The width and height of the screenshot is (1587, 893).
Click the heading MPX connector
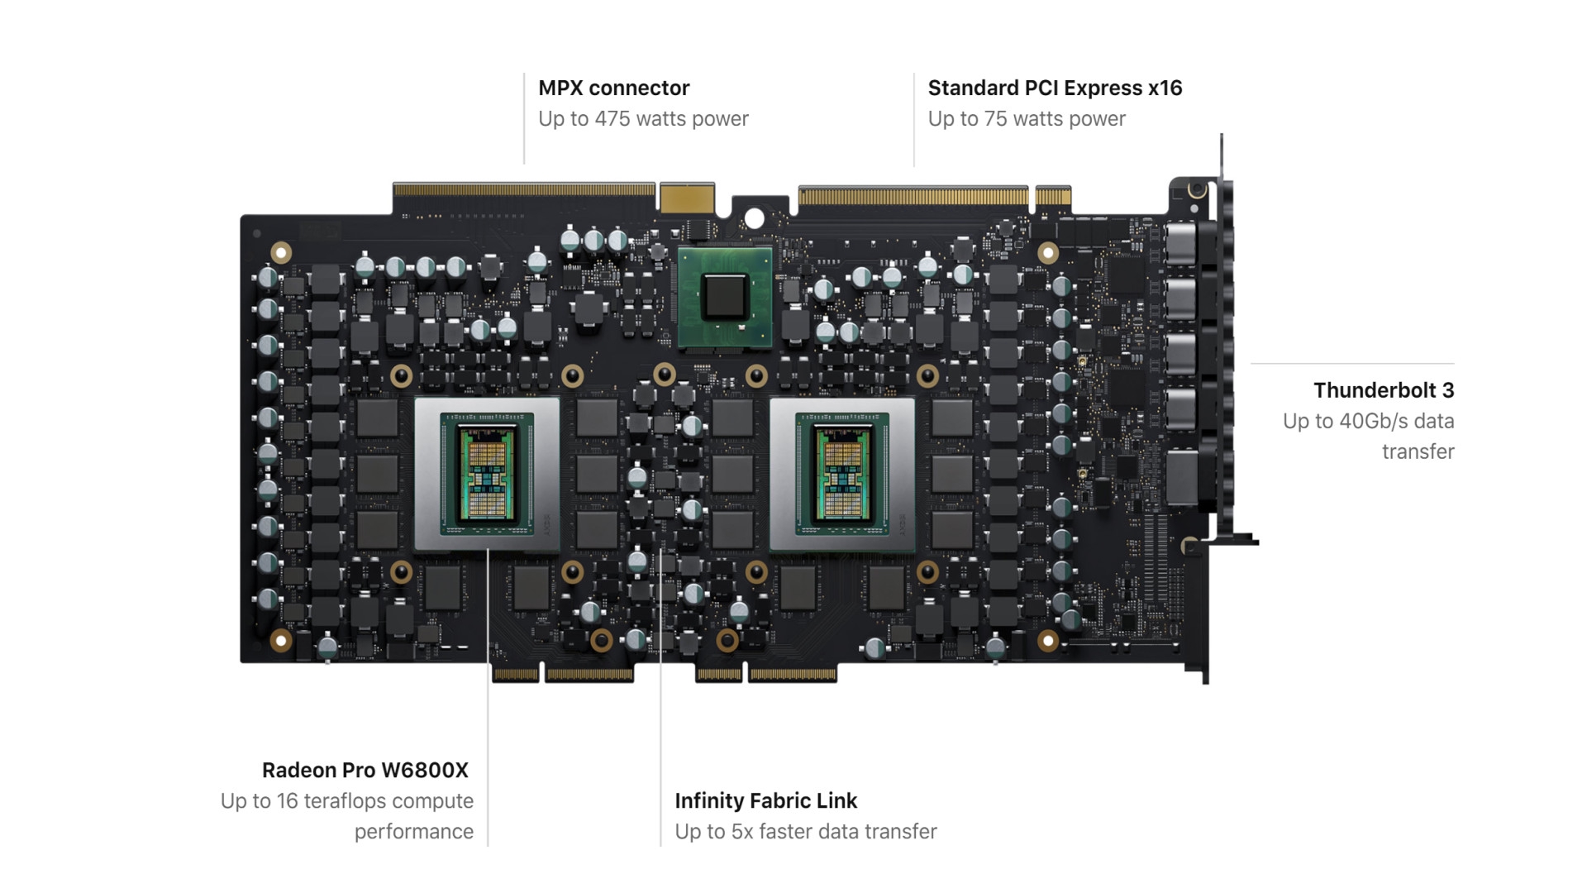pyautogui.click(x=613, y=88)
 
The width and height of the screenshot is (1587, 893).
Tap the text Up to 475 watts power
pyautogui.click(x=643, y=119)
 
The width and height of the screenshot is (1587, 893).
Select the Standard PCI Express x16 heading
pyautogui.click(x=1055, y=88)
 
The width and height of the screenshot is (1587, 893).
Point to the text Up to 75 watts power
pyautogui.click(x=1027, y=119)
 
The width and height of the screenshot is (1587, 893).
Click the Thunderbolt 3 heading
pyautogui.click(x=1384, y=390)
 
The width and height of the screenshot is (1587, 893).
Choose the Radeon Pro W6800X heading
pyautogui.click(x=365, y=771)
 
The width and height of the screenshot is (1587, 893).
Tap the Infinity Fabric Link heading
pyautogui.click(x=766, y=801)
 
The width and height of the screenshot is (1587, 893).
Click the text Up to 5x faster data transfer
pyautogui.click(x=806, y=832)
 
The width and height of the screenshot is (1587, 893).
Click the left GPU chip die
pyautogui.click(x=487, y=474)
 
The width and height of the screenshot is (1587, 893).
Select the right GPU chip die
pyautogui.click(x=842, y=474)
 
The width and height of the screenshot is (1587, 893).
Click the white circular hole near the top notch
pyautogui.click(x=754, y=218)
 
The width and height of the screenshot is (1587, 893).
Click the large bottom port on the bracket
pyautogui.click(x=1181, y=477)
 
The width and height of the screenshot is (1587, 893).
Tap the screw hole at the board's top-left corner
pyautogui.click(x=281, y=252)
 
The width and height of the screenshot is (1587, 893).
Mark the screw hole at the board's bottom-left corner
pyautogui.click(x=281, y=640)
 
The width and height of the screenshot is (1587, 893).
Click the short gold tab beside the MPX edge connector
pyautogui.click(x=687, y=198)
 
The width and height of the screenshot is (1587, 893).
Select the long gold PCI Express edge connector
pyautogui.click(x=913, y=196)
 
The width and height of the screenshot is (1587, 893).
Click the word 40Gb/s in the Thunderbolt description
pyautogui.click(x=1374, y=421)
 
